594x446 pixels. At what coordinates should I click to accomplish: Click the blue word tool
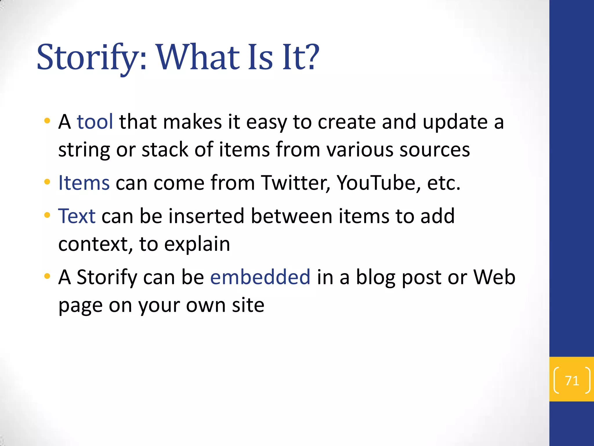[x=95, y=122]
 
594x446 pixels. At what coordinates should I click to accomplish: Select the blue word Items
[x=84, y=183]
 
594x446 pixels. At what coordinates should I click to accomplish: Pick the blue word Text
[x=77, y=216]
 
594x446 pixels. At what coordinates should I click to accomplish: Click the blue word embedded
[x=260, y=277]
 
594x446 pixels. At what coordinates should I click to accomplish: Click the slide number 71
[x=572, y=381]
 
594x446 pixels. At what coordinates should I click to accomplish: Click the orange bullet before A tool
[x=47, y=121]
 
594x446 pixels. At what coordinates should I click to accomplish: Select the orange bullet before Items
[x=47, y=182]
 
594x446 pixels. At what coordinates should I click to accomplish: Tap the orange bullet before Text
[x=47, y=215]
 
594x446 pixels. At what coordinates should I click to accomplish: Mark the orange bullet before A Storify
[x=47, y=276]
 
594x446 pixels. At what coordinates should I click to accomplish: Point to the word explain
[x=197, y=244]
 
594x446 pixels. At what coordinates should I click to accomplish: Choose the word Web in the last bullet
[x=494, y=277]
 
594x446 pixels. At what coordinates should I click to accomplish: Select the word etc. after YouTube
[x=443, y=184]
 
